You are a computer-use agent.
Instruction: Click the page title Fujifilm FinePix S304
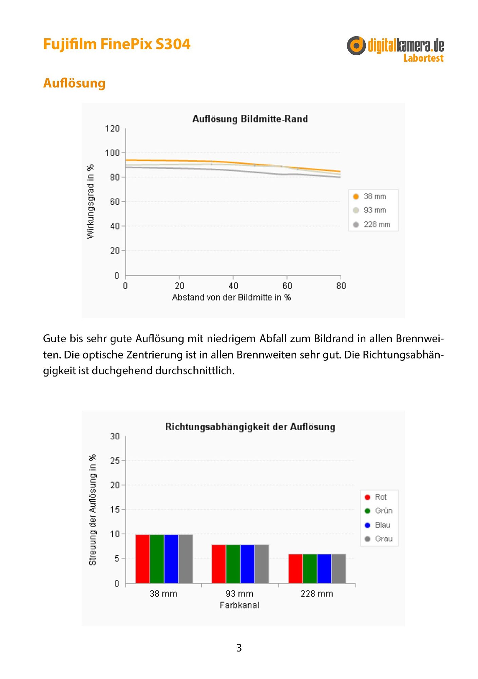(x=117, y=44)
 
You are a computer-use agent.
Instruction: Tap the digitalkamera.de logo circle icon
(x=356, y=45)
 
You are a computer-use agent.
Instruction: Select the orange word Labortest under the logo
(x=423, y=58)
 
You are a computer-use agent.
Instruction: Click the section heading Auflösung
(x=74, y=83)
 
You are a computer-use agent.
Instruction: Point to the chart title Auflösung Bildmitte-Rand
(x=250, y=119)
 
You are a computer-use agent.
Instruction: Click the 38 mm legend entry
(x=370, y=197)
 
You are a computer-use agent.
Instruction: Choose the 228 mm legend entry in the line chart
(x=372, y=224)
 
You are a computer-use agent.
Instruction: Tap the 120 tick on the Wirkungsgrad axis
(x=112, y=129)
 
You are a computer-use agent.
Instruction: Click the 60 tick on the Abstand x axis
(x=287, y=286)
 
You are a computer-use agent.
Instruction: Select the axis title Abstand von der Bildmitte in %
(x=231, y=297)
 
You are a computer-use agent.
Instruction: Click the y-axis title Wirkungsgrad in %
(x=90, y=202)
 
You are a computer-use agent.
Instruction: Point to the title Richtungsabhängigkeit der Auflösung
(x=250, y=427)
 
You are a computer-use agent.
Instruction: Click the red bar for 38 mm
(x=142, y=559)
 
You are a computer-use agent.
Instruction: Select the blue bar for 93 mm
(x=247, y=564)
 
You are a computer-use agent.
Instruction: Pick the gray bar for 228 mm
(x=339, y=569)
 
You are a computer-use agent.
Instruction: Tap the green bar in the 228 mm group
(x=310, y=569)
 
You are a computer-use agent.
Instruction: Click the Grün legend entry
(x=379, y=511)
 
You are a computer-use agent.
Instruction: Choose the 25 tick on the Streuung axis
(x=115, y=461)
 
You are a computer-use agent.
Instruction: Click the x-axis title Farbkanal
(x=240, y=605)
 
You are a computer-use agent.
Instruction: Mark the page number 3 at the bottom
(x=239, y=648)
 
